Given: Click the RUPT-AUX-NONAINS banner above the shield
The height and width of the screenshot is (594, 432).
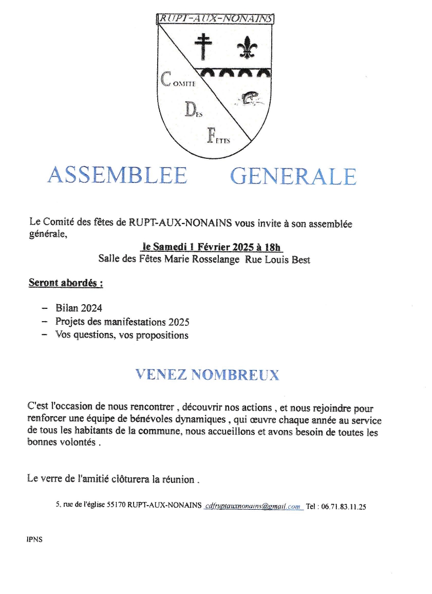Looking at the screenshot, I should [x=215, y=18].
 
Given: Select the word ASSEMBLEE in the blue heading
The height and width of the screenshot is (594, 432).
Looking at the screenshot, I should [x=117, y=176].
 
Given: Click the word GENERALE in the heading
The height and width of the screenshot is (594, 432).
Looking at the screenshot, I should [x=293, y=176].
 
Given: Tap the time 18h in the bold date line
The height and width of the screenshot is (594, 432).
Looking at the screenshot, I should [x=272, y=248].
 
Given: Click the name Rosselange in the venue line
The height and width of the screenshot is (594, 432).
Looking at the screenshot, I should [x=214, y=259].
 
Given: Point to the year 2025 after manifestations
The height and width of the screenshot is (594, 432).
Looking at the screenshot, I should [x=179, y=322].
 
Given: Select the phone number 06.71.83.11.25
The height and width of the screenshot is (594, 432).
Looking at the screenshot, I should [x=344, y=506].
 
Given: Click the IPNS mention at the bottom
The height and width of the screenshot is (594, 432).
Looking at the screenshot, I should [x=34, y=540].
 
